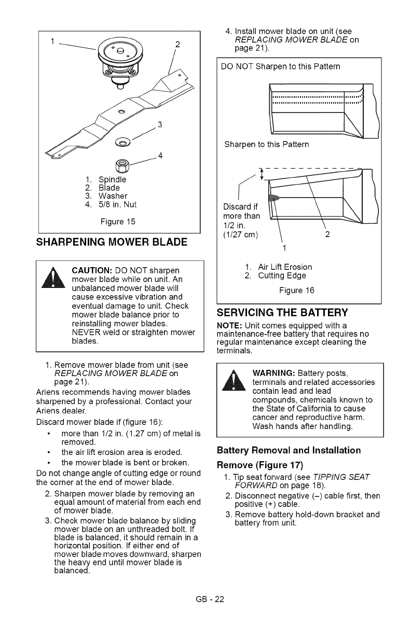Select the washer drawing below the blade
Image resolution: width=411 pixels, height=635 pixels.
click(x=124, y=142)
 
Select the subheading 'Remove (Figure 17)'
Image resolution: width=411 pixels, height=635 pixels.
click(x=259, y=464)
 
